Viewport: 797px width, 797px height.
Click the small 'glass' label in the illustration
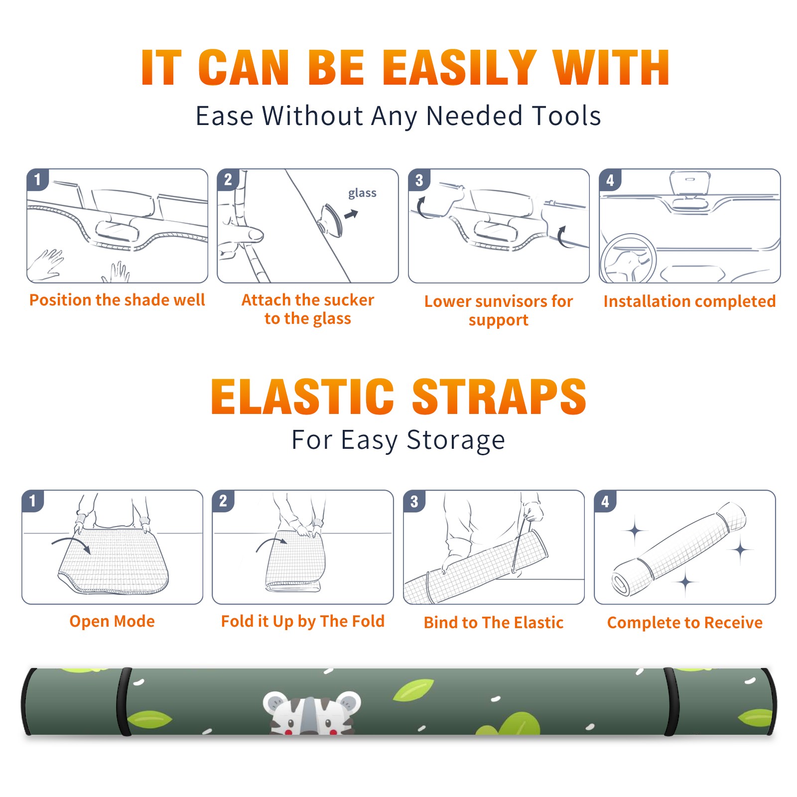tap(362, 193)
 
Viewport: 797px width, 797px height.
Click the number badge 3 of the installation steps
tap(418, 180)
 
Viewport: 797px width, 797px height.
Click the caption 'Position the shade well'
tap(117, 300)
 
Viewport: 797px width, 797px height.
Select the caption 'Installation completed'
tap(689, 301)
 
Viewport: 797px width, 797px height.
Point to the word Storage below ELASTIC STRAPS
tap(456, 440)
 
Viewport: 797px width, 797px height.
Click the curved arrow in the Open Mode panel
tap(71, 543)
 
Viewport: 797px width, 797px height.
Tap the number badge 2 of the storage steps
tap(223, 501)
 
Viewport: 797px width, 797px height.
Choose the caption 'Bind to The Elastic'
tap(494, 623)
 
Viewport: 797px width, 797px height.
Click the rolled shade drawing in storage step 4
tap(678, 549)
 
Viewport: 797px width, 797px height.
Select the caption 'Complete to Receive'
tap(685, 623)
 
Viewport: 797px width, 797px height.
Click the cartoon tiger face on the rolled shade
tap(312, 713)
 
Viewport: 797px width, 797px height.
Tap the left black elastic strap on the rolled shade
tap(124, 701)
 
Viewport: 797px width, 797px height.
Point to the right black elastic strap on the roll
tap(670, 701)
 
